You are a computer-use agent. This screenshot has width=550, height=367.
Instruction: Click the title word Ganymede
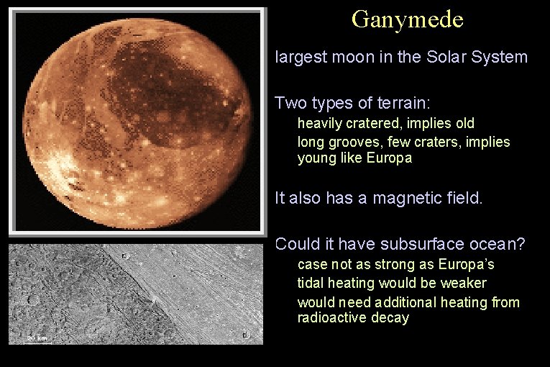(407, 19)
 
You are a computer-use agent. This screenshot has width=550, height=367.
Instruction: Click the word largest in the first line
(301, 57)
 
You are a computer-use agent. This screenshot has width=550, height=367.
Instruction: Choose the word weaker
(461, 283)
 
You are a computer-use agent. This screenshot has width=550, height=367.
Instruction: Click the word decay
(389, 317)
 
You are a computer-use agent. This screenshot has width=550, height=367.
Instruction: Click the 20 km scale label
(37, 337)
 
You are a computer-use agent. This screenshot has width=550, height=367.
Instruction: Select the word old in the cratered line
(463, 124)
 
